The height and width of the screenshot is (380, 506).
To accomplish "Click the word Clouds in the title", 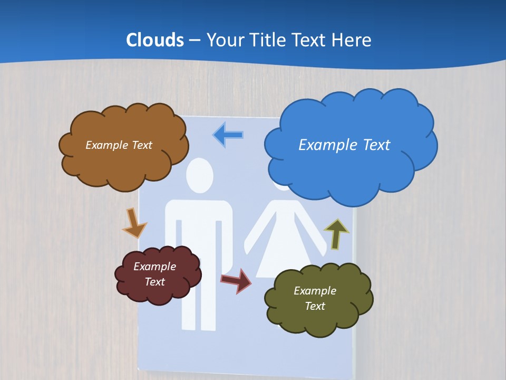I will point(155,40).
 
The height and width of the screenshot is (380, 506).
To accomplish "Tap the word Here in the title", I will point(352,40).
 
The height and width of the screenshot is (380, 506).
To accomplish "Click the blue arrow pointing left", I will point(228,135).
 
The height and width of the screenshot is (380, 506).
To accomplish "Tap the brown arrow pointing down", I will point(134,223).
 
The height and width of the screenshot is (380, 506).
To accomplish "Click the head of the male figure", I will point(200,176).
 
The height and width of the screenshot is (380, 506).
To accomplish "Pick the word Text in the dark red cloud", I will point(155,282).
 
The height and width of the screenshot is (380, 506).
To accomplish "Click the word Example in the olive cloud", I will point(315,291).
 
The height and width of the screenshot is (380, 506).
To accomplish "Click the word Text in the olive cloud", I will point(315,306).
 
